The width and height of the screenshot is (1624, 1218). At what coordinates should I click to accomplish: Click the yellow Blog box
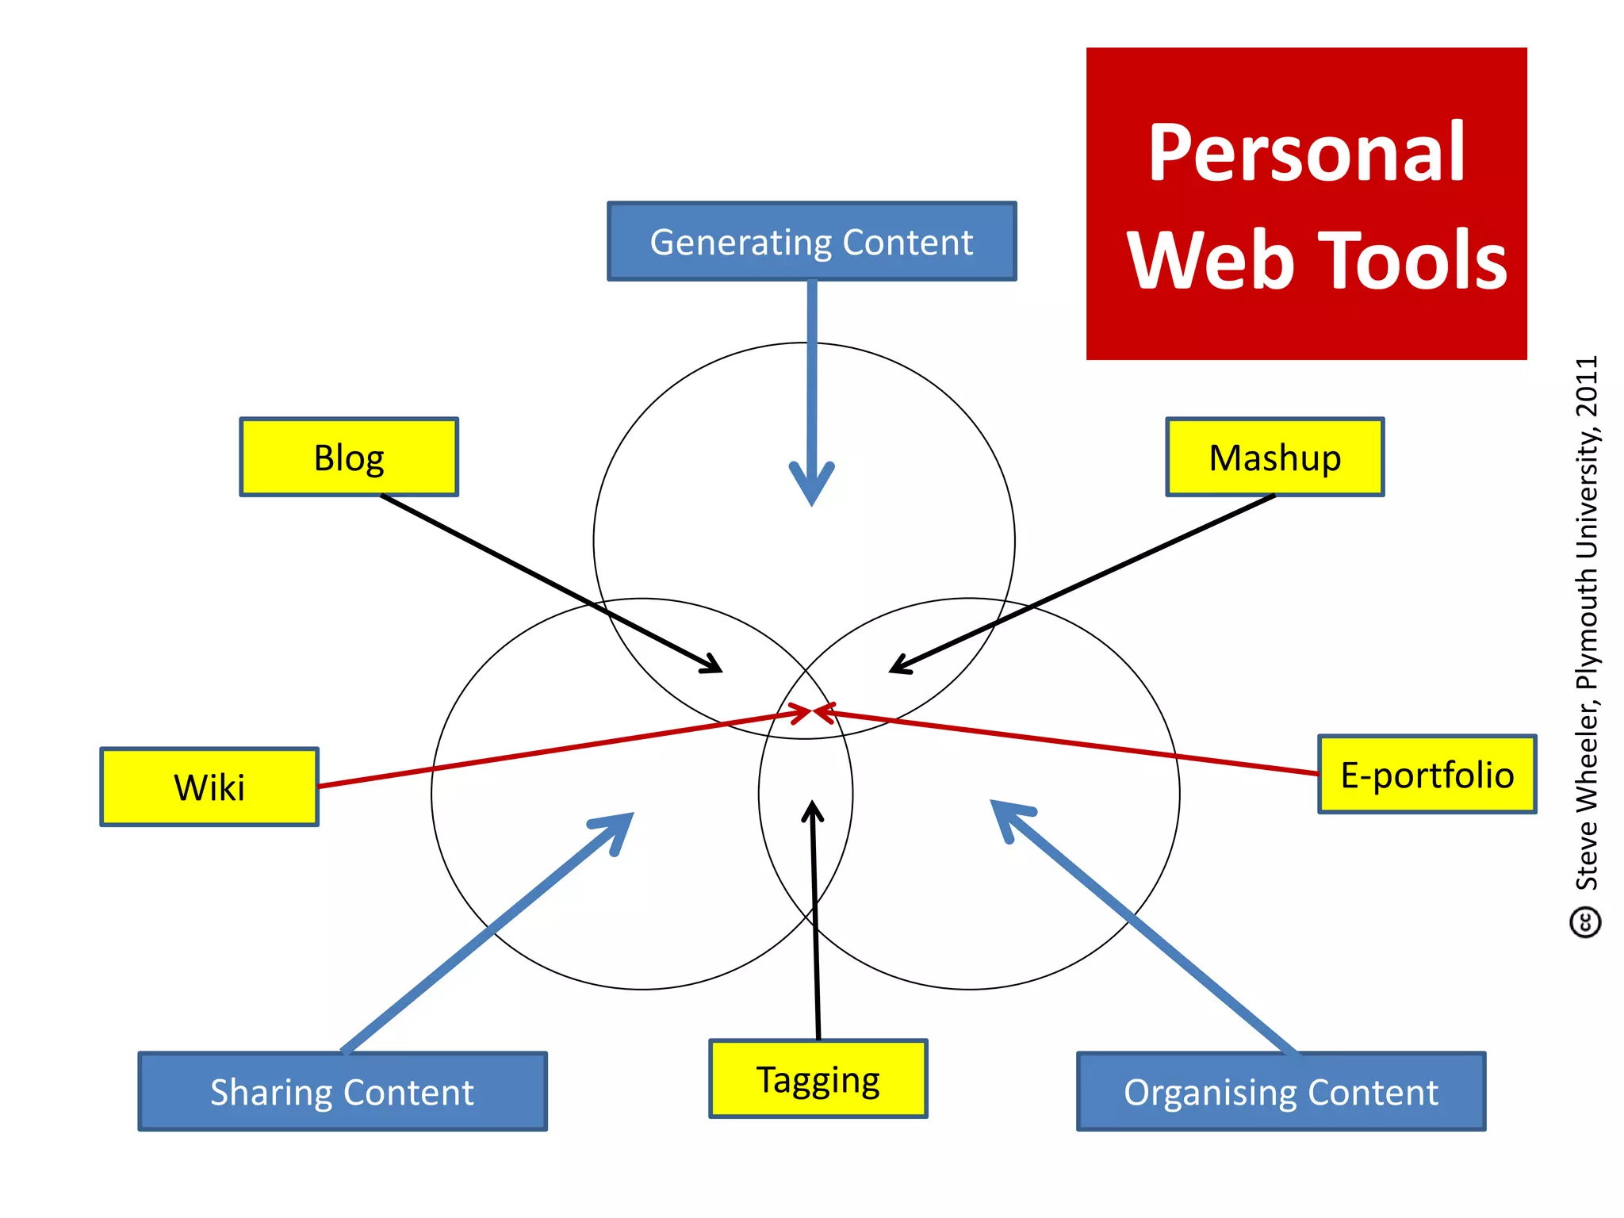click(x=349, y=458)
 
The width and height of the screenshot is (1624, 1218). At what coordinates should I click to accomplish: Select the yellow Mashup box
click(x=1274, y=458)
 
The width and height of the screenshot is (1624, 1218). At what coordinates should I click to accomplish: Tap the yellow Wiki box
click(x=209, y=787)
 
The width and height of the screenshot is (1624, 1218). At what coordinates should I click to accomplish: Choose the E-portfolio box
click(x=1427, y=775)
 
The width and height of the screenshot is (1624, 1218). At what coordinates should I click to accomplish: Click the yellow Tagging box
click(x=818, y=1079)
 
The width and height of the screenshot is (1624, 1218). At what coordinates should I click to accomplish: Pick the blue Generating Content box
click(x=811, y=242)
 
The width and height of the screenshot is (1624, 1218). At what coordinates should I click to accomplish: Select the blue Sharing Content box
click(x=343, y=1092)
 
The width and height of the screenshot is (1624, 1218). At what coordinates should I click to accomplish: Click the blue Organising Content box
click(x=1281, y=1092)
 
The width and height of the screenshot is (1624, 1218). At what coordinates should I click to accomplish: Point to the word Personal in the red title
click(x=1306, y=152)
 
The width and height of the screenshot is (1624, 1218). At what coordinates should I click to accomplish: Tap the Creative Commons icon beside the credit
click(x=1585, y=922)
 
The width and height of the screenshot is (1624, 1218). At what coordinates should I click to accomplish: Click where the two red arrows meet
click(x=813, y=712)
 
